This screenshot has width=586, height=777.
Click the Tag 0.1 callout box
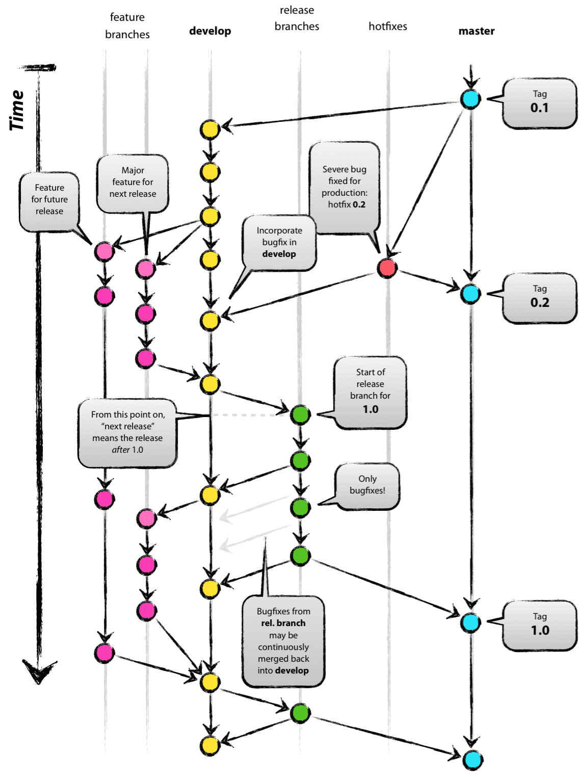540,103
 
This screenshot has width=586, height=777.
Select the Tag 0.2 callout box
540,298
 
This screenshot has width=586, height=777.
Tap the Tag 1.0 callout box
540,626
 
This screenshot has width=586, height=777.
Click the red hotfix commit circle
387,268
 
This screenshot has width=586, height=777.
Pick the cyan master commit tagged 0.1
470,99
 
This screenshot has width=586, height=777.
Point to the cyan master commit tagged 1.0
470,623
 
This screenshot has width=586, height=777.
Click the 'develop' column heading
210,31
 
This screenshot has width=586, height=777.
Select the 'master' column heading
476,31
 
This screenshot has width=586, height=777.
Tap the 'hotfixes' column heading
388,27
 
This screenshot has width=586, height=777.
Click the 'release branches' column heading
297,18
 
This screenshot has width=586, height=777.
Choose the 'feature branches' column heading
127,26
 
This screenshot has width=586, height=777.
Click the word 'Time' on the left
17,110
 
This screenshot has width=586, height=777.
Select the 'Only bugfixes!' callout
367,485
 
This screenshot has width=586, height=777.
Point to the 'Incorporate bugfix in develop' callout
279,243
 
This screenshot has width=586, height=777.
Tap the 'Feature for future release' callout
49,200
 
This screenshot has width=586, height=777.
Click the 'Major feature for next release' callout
132,183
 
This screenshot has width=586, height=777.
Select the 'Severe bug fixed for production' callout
345,188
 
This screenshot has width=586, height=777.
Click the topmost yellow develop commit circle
209,129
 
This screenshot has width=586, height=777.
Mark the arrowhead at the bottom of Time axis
39,672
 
